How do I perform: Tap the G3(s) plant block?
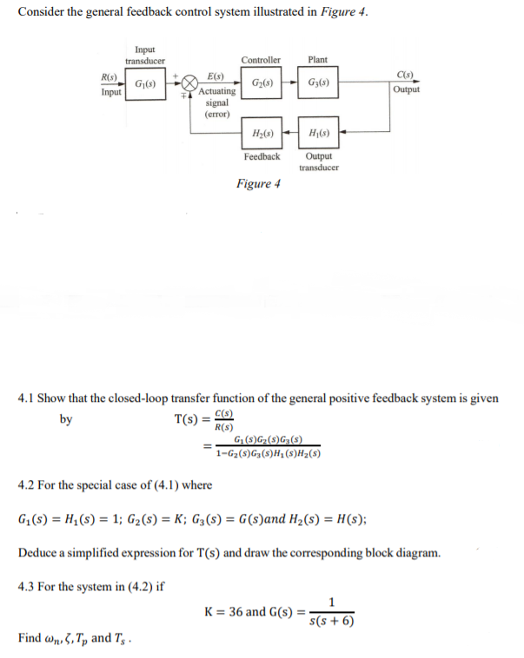318,84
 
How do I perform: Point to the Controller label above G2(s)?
261,60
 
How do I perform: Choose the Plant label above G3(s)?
318,60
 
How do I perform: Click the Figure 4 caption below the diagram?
258,184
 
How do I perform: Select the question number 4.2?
29,484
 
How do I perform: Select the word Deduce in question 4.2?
37,552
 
